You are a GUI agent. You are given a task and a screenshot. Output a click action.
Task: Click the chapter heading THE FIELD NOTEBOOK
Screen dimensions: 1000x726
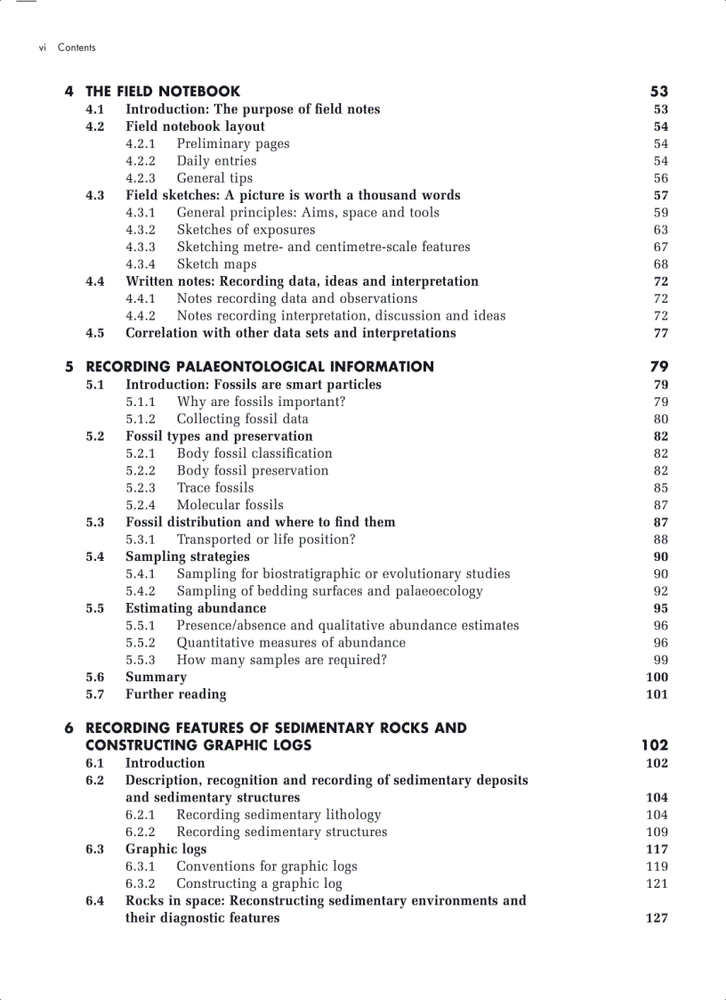[x=162, y=91]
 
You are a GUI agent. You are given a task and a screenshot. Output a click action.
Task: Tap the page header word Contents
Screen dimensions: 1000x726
[x=77, y=47]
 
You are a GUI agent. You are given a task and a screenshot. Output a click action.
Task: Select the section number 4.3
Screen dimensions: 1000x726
[x=95, y=195]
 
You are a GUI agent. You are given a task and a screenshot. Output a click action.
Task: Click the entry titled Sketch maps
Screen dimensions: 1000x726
[x=216, y=264]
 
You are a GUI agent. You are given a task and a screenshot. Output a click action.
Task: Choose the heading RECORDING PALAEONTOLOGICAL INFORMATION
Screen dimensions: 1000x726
[x=260, y=366]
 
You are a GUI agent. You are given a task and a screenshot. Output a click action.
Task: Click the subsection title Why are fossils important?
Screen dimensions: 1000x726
[x=261, y=402]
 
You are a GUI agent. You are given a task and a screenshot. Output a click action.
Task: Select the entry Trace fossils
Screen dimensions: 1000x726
[x=214, y=488]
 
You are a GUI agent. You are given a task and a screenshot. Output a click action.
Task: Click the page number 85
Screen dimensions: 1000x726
[x=660, y=488]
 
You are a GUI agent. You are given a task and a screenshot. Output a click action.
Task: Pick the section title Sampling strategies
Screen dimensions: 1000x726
[x=187, y=557]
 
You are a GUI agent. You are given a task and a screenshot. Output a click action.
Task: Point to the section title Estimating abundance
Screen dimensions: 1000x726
[x=196, y=608]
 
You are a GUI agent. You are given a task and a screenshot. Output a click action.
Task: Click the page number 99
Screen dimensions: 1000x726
[x=660, y=660]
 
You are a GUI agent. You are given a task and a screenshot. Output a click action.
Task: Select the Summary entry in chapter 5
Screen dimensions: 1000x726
[x=156, y=677]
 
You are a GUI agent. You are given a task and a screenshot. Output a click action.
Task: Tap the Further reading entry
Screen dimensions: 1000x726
[x=175, y=695]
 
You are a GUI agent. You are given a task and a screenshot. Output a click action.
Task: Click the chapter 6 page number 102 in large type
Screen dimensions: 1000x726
[x=654, y=744]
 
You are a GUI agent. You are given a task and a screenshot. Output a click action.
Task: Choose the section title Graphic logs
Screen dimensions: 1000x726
[x=165, y=850]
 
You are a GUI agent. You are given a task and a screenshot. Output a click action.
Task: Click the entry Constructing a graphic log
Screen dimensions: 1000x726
[x=259, y=884]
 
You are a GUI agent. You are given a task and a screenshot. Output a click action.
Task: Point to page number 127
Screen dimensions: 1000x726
[x=657, y=918]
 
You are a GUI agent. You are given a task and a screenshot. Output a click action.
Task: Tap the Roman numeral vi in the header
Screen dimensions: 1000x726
[x=42, y=47]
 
